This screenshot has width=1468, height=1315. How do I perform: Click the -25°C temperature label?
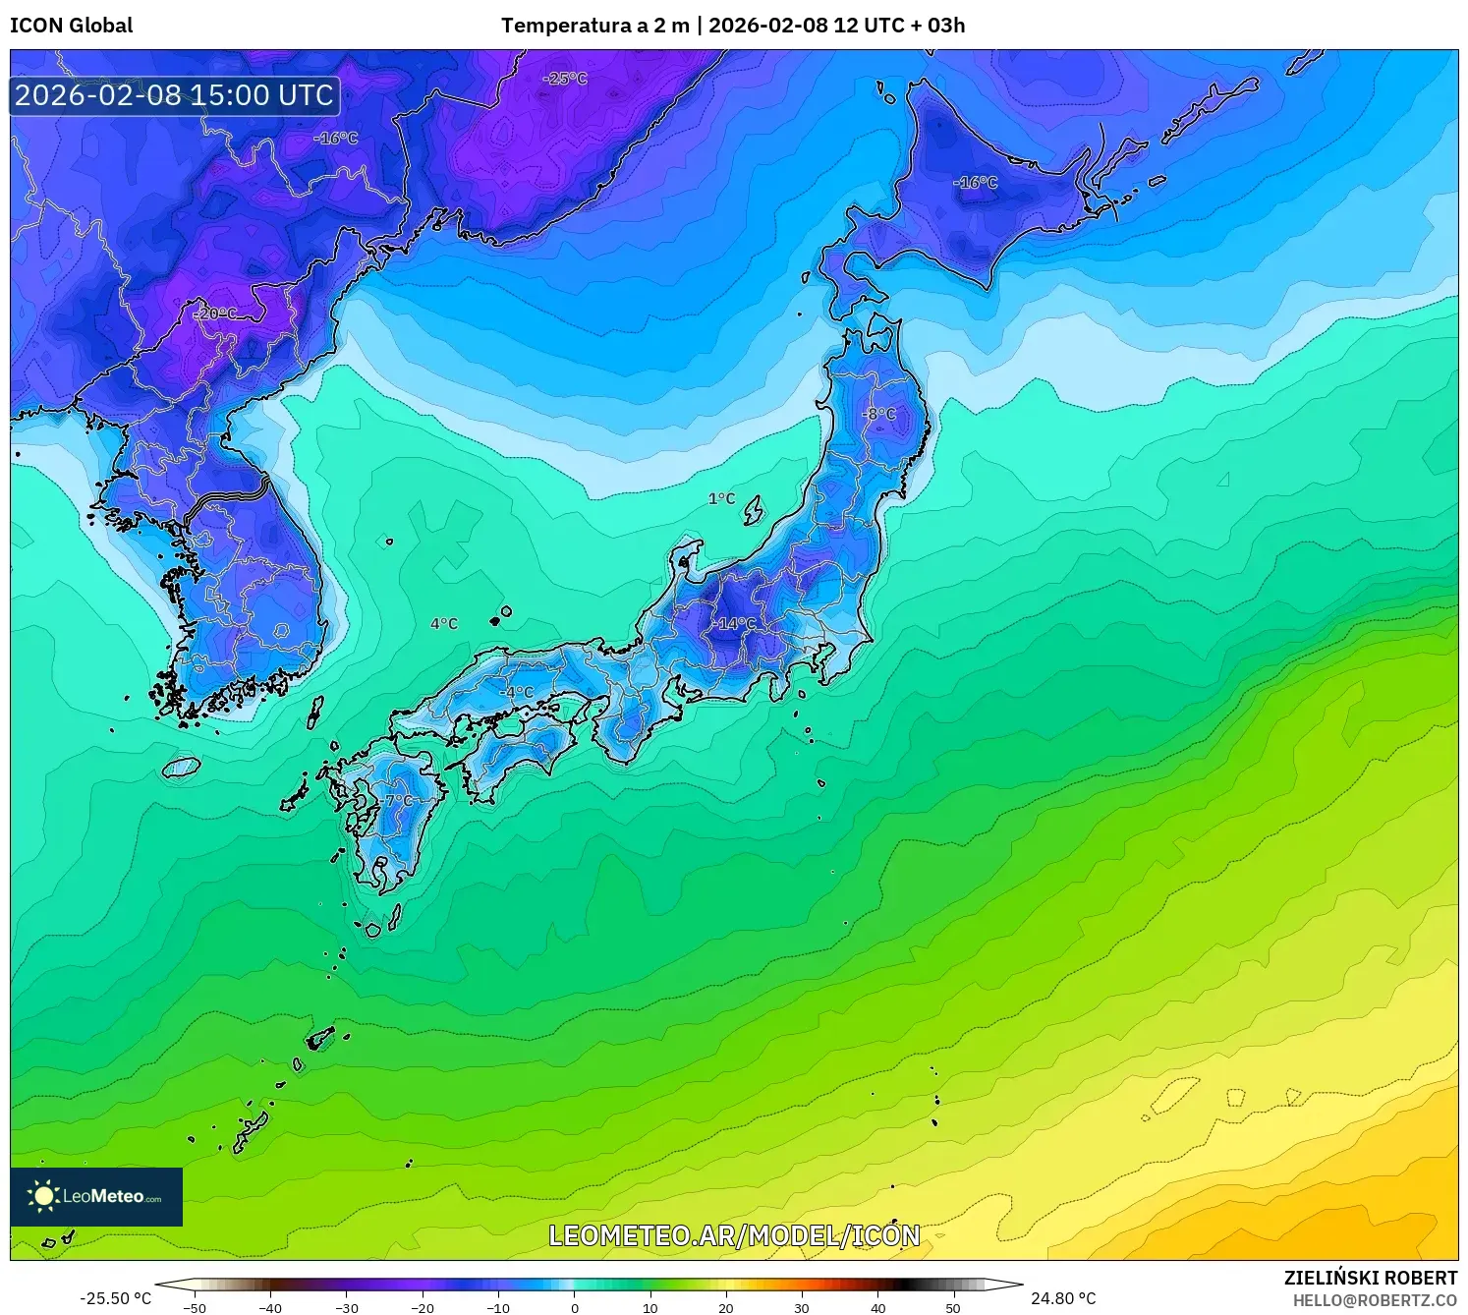[565, 79]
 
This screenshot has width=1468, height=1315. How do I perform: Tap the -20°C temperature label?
[216, 314]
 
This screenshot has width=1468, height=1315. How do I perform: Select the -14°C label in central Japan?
[736, 624]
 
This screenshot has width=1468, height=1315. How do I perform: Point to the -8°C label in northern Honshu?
[879, 414]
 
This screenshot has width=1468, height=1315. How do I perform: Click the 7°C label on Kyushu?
[399, 801]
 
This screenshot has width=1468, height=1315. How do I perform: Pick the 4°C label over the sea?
[444, 624]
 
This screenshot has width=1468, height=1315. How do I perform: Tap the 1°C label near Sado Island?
[721, 498]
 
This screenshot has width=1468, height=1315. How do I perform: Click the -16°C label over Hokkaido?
[975, 183]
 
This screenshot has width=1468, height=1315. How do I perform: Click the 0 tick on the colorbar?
[575, 1308]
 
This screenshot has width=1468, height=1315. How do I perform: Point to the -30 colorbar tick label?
[346, 1308]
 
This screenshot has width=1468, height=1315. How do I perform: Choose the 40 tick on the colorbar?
[877, 1308]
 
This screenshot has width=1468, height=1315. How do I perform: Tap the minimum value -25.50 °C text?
[116, 1299]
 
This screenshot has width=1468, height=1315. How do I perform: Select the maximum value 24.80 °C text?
[1063, 1299]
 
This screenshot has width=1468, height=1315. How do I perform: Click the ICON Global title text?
[72, 26]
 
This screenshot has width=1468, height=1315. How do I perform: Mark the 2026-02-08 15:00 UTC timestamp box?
[175, 95]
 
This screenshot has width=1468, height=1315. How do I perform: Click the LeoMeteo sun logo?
[43, 1196]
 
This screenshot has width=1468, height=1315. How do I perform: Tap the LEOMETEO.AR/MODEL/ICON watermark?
[734, 1236]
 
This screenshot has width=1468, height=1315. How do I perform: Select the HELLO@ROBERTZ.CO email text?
[1375, 1300]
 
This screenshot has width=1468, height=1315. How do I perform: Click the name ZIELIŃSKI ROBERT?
[1371, 1278]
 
